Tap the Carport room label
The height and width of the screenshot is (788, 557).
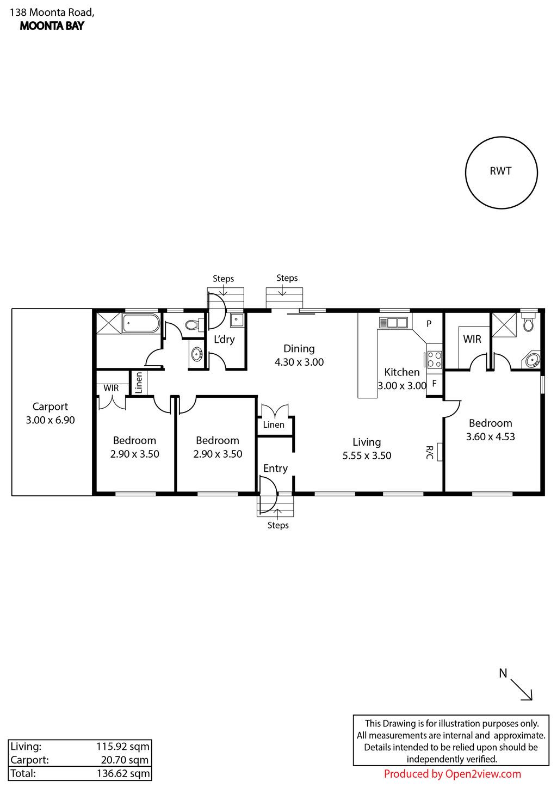tap(50, 407)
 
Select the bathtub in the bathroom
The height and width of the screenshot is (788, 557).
tap(141, 323)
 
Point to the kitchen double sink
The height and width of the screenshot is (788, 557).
tap(393, 323)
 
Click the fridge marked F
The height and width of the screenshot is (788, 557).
tap(435, 384)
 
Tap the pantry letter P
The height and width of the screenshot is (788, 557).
tap(429, 324)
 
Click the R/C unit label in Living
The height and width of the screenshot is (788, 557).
tap(429, 452)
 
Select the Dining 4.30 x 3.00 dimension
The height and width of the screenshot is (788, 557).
tap(299, 362)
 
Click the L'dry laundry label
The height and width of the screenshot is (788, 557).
tap(224, 340)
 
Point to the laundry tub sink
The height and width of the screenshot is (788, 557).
tap(236, 320)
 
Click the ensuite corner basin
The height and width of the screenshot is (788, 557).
tap(533, 360)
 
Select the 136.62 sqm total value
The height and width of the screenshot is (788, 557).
tap(123, 773)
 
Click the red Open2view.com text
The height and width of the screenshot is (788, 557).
tap(483, 774)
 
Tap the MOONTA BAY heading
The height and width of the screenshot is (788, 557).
tap(52, 26)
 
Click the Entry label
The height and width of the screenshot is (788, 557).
tap(275, 469)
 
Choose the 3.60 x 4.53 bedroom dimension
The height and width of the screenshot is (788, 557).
tap(490, 436)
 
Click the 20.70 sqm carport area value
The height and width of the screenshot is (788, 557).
tap(125, 760)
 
